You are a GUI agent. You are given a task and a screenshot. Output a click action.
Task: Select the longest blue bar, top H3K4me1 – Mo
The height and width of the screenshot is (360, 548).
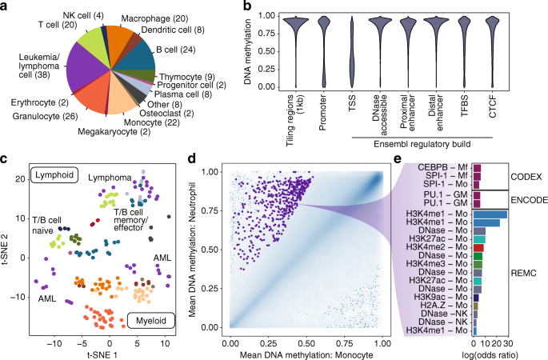pos(490,214)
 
